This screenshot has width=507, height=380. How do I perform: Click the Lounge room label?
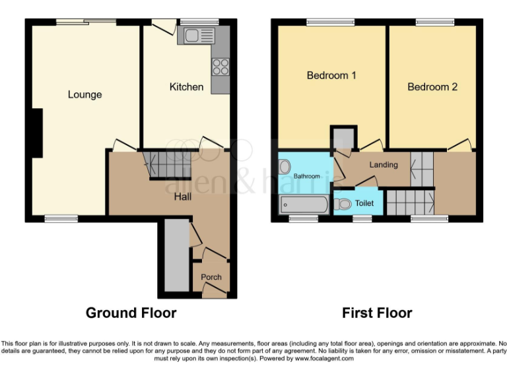pyautogui.click(x=84, y=94)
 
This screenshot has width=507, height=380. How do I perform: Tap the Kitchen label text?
pyautogui.click(x=186, y=86)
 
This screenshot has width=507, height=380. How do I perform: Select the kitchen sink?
pyautogui.click(x=197, y=35)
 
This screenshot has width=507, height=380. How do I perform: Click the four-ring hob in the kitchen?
pyautogui.click(x=220, y=67)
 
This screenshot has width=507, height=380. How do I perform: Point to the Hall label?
pyautogui.click(x=183, y=196)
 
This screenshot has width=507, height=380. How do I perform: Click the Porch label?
pyautogui.click(x=211, y=277)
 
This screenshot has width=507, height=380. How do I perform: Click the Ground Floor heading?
pyautogui.click(x=131, y=313)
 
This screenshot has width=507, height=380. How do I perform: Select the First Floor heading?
pyautogui.click(x=377, y=313)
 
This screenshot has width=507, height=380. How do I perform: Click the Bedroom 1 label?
pyautogui.click(x=331, y=75)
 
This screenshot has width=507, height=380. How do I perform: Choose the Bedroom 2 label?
pyautogui.click(x=432, y=86)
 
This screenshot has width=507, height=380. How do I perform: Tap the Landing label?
pyautogui.click(x=383, y=164)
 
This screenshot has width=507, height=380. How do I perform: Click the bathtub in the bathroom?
pyautogui.click(x=304, y=205)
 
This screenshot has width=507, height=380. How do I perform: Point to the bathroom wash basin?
pyautogui.click(x=285, y=167)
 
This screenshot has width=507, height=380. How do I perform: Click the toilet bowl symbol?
pyautogui.click(x=343, y=203)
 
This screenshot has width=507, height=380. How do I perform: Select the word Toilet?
pyautogui.click(x=364, y=203)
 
